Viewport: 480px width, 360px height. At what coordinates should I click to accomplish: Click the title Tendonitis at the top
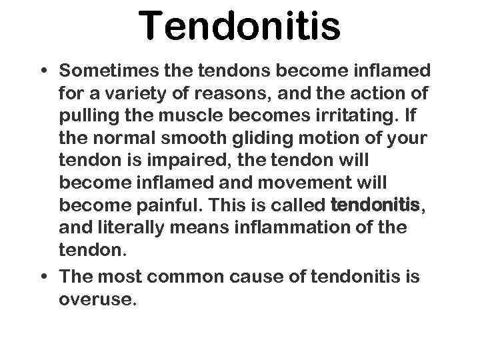(240, 27)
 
